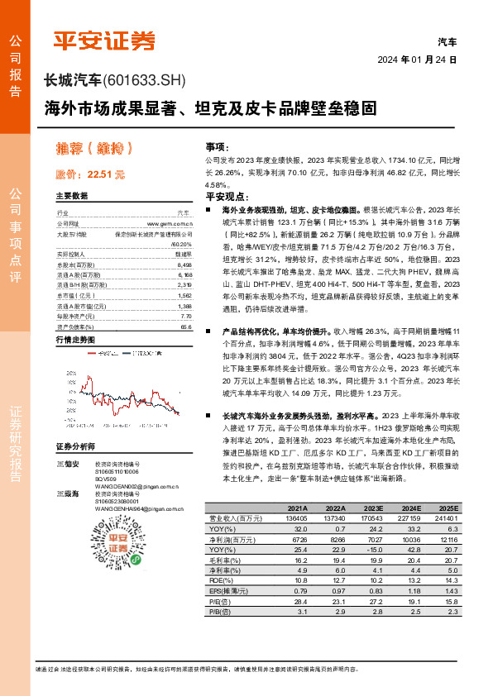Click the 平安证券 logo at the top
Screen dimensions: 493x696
(x=103, y=41)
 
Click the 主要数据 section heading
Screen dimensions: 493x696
(x=72, y=196)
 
